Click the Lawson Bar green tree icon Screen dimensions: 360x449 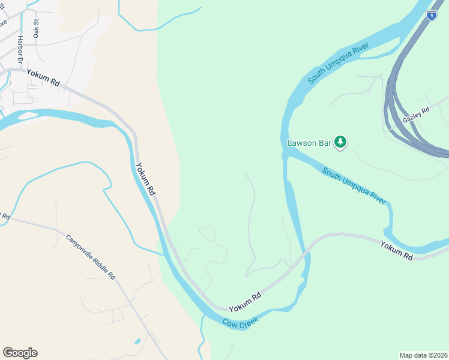pyautogui.click(x=341, y=142)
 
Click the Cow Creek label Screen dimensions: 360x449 pyautogui.click(x=241, y=322)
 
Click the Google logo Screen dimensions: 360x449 pyautogui.click(x=20, y=353)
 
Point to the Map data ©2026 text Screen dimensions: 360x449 pyautogui.click(x=423, y=355)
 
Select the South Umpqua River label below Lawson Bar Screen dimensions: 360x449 pyautogui.click(x=354, y=186)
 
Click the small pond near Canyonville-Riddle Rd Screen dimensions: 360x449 pyautogui.click(x=138, y=341)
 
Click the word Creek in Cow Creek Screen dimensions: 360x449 pyautogui.click(x=249, y=321)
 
